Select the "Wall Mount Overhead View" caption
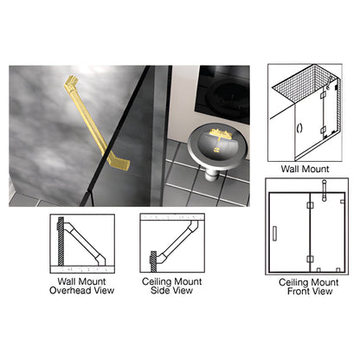click(x=81, y=284)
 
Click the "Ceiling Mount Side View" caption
click(x=172, y=284)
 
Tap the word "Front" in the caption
click(x=295, y=292)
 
